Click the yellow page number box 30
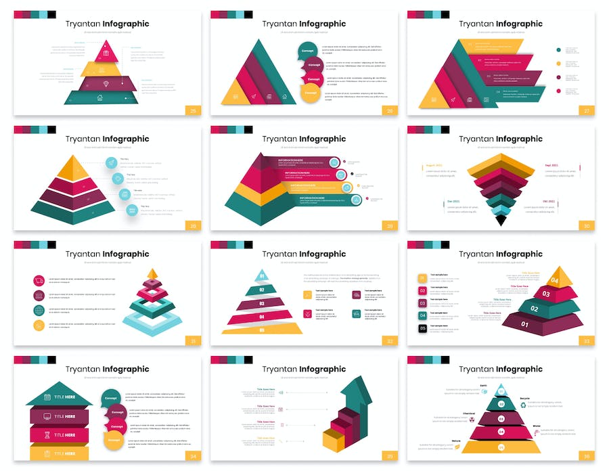coord(586,225)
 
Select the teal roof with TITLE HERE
coord(60,395)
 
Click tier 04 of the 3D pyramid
coord(555,278)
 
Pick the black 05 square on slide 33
coord(423,328)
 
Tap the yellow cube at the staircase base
coord(334,441)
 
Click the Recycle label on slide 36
coord(524,399)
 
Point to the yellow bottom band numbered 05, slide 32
coord(262,330)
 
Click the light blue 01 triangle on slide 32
coord(261,275)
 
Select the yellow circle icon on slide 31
coord(39,326)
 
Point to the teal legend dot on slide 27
coord(558,49)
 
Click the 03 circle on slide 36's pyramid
coord(501,418)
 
